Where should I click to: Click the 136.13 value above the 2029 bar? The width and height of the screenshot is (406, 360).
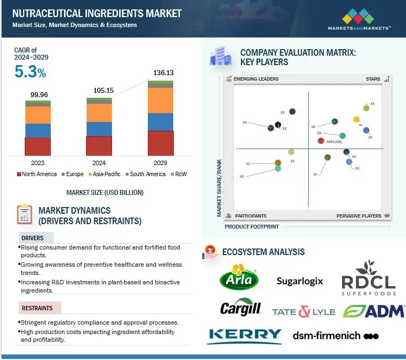click(161, 72)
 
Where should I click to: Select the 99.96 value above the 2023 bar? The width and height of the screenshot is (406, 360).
click(38, 94)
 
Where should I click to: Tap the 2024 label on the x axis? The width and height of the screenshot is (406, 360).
click(99, 163)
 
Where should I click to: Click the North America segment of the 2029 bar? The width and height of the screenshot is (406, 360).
click(161, 143)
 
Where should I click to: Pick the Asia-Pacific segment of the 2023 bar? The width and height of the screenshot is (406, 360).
click(38, 115)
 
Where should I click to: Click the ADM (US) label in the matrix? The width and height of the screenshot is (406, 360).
click(334, 142)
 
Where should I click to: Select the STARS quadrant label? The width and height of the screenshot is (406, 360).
click(373, 79)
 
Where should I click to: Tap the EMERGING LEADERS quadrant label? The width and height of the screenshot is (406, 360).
click(256, 79)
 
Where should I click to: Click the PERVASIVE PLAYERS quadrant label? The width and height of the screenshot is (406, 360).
click(359, 216)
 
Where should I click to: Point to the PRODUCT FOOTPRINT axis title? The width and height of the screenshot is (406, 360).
click(252, 227)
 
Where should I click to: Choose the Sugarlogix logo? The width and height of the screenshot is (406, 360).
click(300, 281)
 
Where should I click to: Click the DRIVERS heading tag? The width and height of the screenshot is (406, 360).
click(33, 238)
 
